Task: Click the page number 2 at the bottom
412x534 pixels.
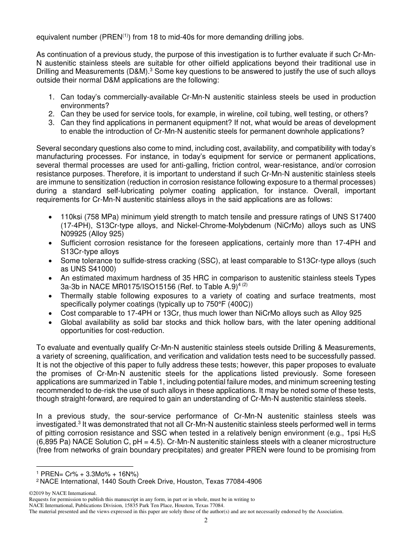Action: tap(206, 520)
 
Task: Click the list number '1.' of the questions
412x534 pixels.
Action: tap(52, 97)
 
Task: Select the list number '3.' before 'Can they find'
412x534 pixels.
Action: tap(52, 123)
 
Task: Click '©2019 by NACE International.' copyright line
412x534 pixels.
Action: tap(62, 494)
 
